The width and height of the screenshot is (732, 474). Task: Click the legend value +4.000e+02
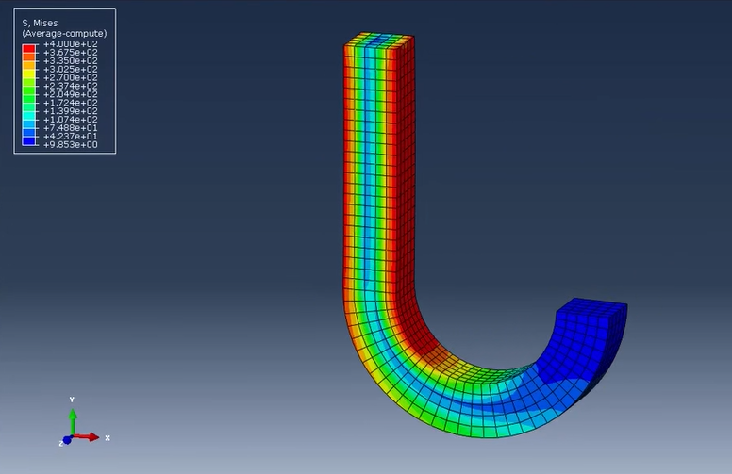71,44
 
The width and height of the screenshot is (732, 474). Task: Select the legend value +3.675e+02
71,52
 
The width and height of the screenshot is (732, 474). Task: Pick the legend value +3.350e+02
71,60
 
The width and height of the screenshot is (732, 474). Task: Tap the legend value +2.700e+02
71,77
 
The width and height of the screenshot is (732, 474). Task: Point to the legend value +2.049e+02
71,94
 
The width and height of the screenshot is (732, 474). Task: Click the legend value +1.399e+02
71,111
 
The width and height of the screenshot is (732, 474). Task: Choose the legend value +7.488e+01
71,128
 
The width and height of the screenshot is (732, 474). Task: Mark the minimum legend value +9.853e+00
71,144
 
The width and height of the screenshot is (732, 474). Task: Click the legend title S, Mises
40,23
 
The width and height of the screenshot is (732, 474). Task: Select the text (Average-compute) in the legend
64,34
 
